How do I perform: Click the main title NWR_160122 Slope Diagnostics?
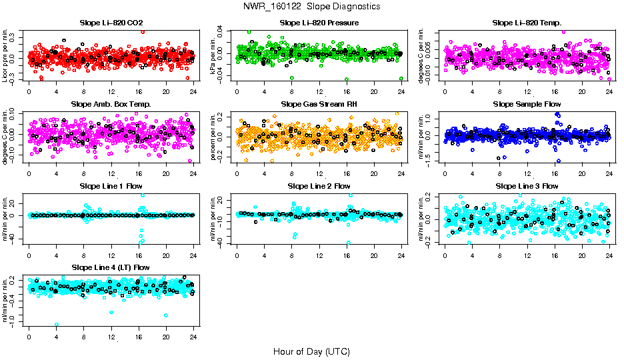click(x=312, y=6)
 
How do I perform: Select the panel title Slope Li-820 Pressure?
click(x=319, y=23)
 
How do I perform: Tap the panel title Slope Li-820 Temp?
click(x=527, y=23)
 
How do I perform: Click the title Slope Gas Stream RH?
click(x=319, y=104)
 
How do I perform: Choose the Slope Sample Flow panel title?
click(x=527, y=104)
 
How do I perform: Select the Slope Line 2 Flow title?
click(x=319, y=185)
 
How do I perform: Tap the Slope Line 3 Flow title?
click(x=527, y=185)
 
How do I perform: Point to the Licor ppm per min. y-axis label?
click(x=6, y=55)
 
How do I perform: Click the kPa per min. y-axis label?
click(x=214, y=55)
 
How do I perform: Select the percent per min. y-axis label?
click(x=214, y=137)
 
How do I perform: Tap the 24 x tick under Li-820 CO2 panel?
click(x=193, y=91)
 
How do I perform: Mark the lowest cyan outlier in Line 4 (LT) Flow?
click(x=57, y=325)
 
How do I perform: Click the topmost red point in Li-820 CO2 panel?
click(x=143, y=31)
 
